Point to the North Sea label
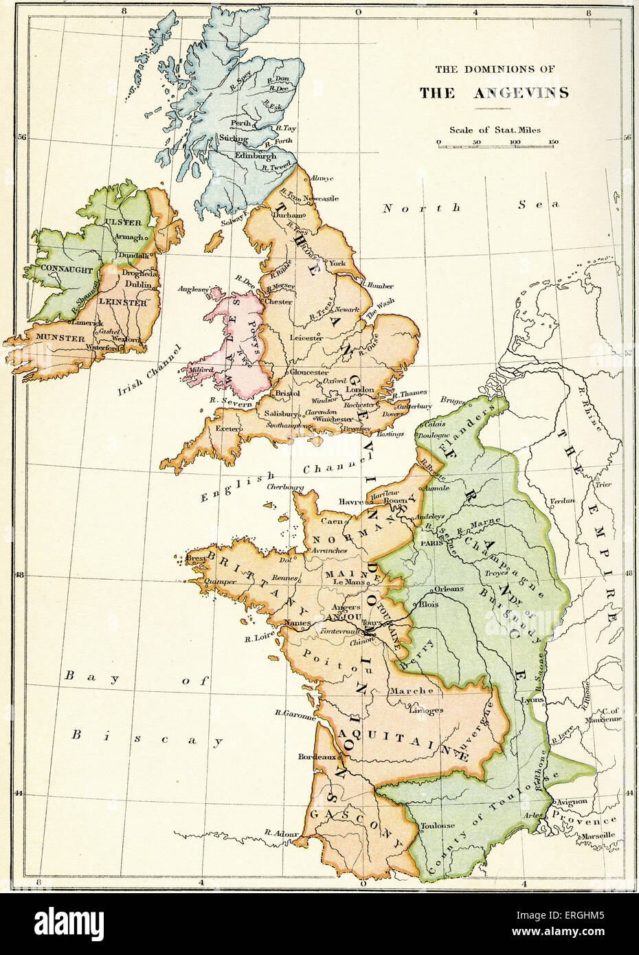[x=471, y=207]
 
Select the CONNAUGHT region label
[x=66, y=270]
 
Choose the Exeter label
[x=226, y=429]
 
